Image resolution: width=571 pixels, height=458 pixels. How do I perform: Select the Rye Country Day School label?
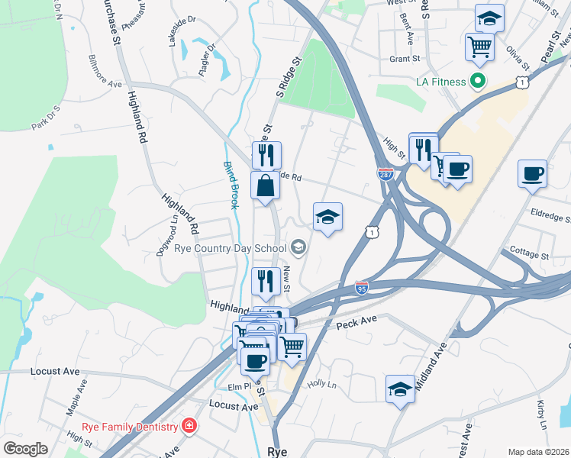coord(229,247)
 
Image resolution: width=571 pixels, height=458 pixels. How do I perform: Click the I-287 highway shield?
coord(386,174)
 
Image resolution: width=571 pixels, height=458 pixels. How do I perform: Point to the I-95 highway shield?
coord(362,287)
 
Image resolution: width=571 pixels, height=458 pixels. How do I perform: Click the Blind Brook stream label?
coord(231,185)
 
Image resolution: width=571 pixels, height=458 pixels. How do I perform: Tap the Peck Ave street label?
coord(357,324)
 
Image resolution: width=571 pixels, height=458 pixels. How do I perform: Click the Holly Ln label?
coord(321,385)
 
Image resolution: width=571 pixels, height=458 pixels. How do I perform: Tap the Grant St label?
coord(405,59)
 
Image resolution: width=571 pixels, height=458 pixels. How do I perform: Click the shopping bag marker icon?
coord(265,185)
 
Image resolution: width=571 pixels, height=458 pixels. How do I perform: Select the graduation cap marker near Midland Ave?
coord(401,390)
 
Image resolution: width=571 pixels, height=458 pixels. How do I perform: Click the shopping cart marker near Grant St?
coord(480,47)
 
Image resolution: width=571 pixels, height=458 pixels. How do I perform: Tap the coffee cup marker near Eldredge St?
coord(532,173)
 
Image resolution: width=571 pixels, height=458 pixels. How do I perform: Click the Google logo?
coord(25,449)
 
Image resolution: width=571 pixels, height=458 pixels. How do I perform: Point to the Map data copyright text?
coord(539,452)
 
